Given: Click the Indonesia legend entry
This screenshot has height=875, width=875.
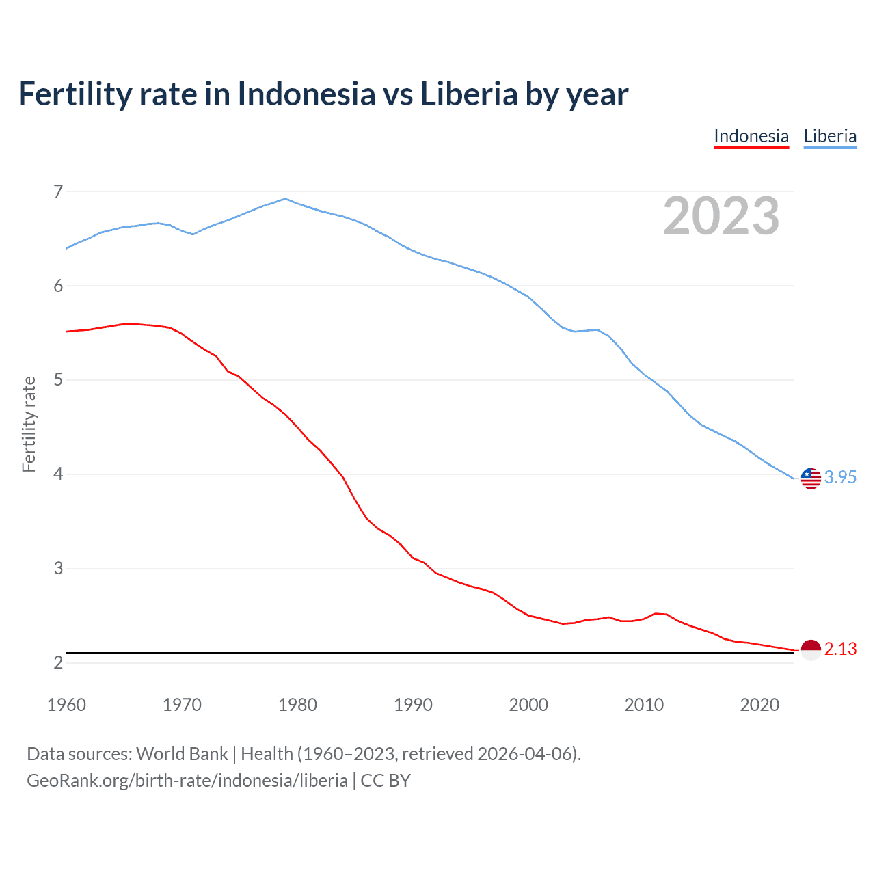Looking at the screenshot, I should point(751,136).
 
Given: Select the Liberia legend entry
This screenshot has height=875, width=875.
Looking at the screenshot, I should point(830,136).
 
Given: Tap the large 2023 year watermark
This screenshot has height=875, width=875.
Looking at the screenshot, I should point(721,216).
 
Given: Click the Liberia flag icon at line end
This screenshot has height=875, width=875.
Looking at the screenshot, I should point(811,479).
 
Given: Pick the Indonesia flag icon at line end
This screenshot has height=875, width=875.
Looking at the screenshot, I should point(811,650).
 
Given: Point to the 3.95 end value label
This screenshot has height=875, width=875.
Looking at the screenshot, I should point(840,478).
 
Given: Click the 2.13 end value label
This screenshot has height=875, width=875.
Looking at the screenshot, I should point(840,649).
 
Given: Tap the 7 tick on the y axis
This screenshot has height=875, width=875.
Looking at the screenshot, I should point(58,191).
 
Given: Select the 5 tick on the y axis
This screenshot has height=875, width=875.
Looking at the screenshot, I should point(58,380).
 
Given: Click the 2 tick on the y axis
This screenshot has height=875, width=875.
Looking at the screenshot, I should point(58,662).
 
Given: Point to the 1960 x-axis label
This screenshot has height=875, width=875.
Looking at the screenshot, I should point(66,705).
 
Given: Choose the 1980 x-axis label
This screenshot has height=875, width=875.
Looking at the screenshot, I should point(297,705).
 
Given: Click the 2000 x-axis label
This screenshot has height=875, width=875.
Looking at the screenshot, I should point(528,705).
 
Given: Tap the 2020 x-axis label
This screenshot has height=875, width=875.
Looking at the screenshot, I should point(759,705).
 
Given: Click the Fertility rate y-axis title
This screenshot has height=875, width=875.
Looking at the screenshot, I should point(29,424).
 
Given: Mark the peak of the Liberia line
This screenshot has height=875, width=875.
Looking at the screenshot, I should point(286,199).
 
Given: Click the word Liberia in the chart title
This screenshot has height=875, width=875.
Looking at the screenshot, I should point(469,94).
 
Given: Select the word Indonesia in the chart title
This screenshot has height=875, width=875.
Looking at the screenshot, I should point(306,94).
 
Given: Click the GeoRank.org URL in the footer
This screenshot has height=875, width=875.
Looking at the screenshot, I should point(187,781).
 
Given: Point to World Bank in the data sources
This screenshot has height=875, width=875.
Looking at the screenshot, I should point(182,754).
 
